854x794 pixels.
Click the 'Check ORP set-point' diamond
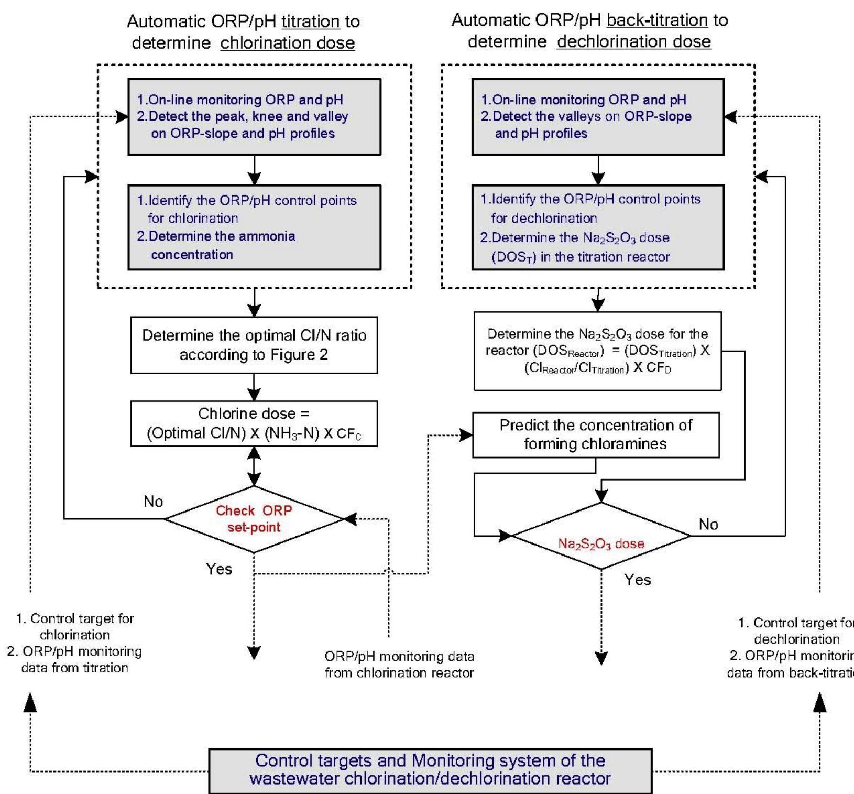(x=254, y=519)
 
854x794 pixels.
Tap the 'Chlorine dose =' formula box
(x=254, y=423)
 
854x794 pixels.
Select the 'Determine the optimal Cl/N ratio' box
(x=254, y=345)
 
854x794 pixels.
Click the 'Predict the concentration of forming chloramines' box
(x=596, y=434)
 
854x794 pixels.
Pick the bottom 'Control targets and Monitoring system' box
(x=430, y=770)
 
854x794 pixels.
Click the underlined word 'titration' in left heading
(x=311, y=21)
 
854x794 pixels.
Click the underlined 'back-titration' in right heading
(x=657, y=20)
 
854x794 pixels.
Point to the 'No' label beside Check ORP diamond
(x=154, y=502)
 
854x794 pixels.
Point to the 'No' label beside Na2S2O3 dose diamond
(x=708, y=524)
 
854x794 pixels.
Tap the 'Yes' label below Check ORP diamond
(x=219, y=569)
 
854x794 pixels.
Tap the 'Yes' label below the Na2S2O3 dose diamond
(x=638, y=580)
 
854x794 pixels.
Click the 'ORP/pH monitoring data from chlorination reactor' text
(x=399, y=665)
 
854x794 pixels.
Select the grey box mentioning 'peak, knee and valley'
(x=254, y=117)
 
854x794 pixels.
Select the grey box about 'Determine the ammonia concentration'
(x=254, y=227)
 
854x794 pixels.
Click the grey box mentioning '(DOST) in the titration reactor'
(x=598, y=227)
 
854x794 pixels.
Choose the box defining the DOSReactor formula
(x=597, y=351)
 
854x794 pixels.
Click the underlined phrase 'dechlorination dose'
(x=634, y=42)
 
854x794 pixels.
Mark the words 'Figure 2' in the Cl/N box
(x=299, y=355)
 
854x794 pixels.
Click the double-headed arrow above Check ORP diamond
(x=254, y=466)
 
